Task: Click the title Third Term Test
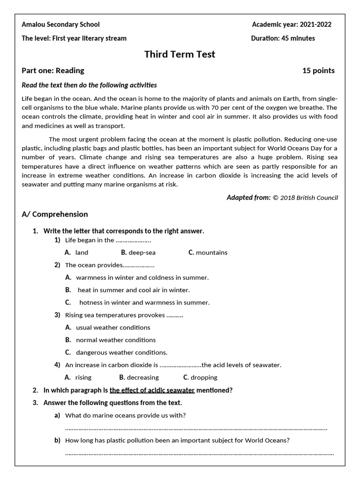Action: (x=180, y=54)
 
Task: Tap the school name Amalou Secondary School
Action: (x=60, y=24)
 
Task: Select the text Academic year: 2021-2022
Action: (x=292, y=24)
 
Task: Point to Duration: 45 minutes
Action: (x=283, y=38)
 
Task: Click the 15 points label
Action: (x=318, y=71)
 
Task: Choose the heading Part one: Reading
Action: (x=53, y=71)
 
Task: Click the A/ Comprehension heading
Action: (x=55, y=214)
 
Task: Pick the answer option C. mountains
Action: (x=208, y=253)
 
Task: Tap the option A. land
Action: (x=76, y=253)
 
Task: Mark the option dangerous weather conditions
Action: (x=121, y=352)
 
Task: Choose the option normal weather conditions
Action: (x=116, y=340)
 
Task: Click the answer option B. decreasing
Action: (x=139, y=377)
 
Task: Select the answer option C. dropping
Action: (x=200, y=377)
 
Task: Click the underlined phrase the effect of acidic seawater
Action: (x=152, y=390)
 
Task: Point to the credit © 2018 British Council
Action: (x=305, y=198)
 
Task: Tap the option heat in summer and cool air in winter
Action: (x=134, y=290)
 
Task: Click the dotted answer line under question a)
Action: (x=196, y=428)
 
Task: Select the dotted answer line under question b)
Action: (x=199, y=453)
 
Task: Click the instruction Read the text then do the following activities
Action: (x=89, y=85)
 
